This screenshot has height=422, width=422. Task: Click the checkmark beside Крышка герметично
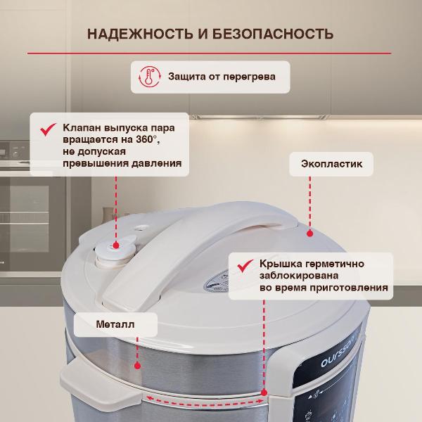tap(245, 265)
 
